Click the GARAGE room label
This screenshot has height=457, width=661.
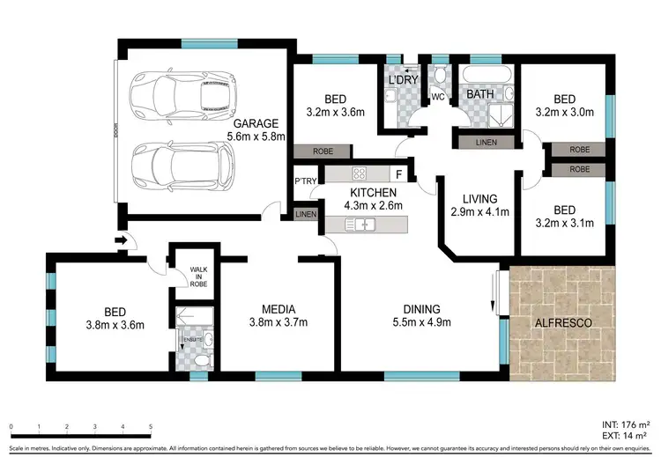point(256,123)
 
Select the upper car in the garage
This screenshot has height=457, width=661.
point(182,93)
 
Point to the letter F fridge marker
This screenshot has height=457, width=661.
point(398,173)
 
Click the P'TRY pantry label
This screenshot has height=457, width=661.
point(305,181)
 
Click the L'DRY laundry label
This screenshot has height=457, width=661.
point(402,81)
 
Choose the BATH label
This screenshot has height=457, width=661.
point(479,92)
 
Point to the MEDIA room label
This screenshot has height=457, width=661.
point(278,309)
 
